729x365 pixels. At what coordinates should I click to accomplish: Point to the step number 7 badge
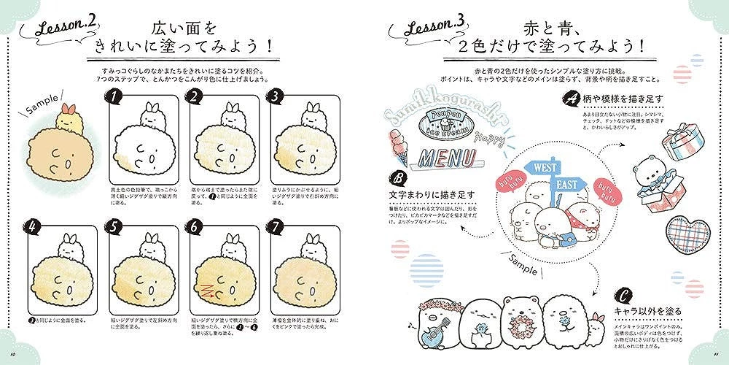point(276,226)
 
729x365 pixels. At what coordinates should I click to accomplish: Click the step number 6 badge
point(194,226)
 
